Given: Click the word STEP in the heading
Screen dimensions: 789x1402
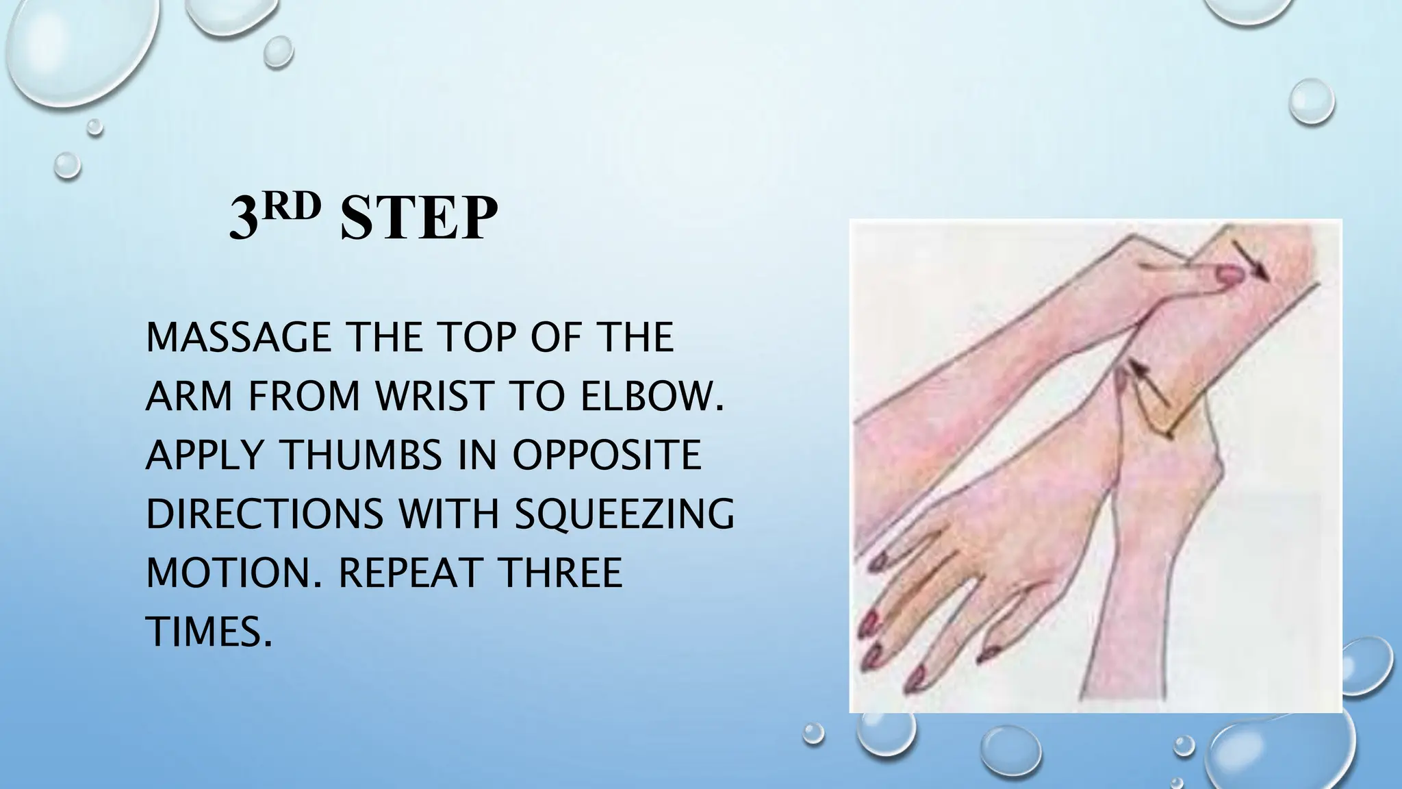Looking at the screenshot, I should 418,218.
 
